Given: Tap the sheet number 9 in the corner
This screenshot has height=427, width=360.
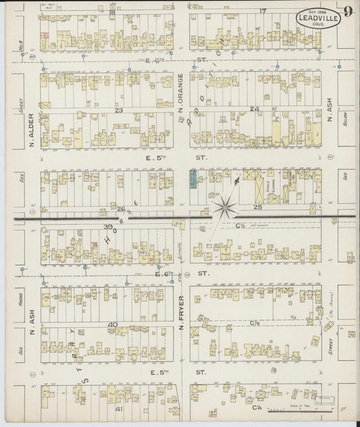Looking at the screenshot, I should coord(346,11).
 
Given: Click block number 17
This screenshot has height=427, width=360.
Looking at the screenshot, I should coord(263,11).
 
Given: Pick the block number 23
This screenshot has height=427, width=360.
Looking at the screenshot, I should coord(118,109).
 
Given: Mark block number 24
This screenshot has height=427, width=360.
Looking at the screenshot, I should coord(254,109).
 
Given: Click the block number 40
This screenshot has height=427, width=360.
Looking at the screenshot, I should coord(114,325).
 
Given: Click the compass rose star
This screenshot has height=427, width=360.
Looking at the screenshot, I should coord(225,205).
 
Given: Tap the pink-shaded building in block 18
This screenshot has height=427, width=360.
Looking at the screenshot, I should coord(45,34).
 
